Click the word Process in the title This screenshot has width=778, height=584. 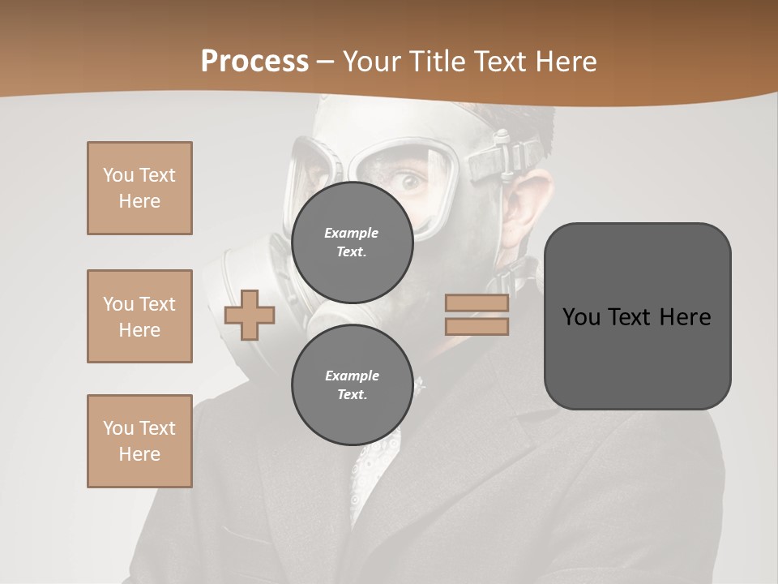(254, 62)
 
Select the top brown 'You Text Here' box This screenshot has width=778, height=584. (139, 188)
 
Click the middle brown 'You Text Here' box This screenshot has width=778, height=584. (139, 316)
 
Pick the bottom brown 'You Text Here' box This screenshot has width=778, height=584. (139, 441)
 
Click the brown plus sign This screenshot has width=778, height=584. (250, 316)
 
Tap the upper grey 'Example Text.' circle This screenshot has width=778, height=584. (352, 242)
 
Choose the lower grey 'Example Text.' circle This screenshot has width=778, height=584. (352, 384)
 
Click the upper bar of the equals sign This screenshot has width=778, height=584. (477, 303)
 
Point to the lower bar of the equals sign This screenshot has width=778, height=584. (477, 327)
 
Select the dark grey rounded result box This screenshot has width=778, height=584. (637, 316)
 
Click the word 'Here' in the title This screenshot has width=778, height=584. (562, 62)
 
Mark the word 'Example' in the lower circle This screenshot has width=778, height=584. (352, 376)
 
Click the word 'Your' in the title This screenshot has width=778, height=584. (370, 62)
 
